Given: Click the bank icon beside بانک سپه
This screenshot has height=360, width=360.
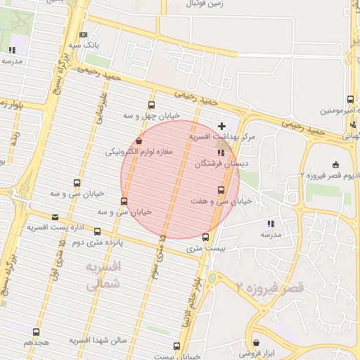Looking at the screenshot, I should tap(84, 34).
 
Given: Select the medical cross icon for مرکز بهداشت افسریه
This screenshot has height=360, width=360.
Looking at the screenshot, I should tap(222, 125).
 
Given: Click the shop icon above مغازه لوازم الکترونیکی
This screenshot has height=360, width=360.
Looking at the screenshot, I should tap(139, 141).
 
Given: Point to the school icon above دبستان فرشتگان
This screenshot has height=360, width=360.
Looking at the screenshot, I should tap(220, 152).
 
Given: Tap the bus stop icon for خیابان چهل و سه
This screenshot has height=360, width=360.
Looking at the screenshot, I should tap(152, 105).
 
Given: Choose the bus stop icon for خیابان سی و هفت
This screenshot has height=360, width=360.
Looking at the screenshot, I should tap(221, 190).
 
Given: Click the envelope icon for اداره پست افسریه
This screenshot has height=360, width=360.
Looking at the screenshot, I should tap(56, 217).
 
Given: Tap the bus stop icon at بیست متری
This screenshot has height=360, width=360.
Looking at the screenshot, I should tap(205, 237).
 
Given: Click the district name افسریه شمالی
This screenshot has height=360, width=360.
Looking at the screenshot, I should tap(103, 276).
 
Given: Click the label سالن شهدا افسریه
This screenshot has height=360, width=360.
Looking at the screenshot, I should tap(97, 340).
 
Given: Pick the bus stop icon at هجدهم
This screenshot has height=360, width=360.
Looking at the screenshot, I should tap(37, 332).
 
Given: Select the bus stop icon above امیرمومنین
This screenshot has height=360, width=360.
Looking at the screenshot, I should tap(350, 100).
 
